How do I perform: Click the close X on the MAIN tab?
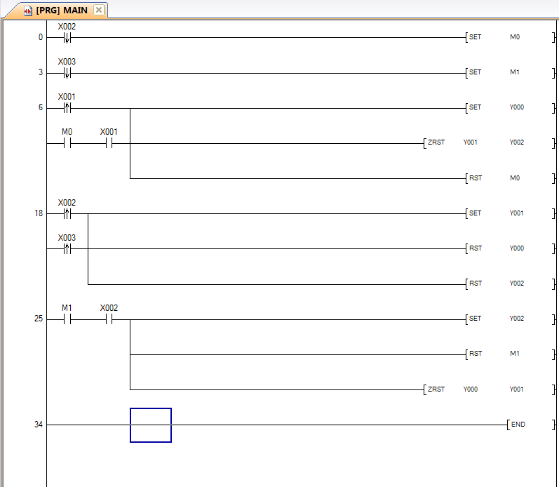point(99,10)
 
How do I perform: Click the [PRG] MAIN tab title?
point(62,11)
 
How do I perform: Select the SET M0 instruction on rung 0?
point(510,37)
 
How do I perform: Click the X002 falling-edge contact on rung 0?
point(67,37)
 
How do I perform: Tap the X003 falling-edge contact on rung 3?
point(67,73)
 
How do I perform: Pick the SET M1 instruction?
point(510,72)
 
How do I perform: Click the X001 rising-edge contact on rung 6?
point(67,108)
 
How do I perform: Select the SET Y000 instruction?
point(510,107)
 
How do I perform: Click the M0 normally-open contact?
point(67,143)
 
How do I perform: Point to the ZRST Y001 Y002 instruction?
point(489,142)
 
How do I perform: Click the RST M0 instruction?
point(510,178)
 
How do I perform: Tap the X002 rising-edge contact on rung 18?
point(67,214)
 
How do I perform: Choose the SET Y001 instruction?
point(510,213)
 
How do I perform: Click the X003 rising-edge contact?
point(67,248)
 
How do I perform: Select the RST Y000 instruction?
point(510,248)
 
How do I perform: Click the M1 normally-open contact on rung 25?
point(67,320)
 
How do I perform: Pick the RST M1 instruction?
point(510,354)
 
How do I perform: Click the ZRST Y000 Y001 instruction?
point(489,389)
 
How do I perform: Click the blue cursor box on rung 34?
point(151,425)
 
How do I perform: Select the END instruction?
point(531,425)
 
